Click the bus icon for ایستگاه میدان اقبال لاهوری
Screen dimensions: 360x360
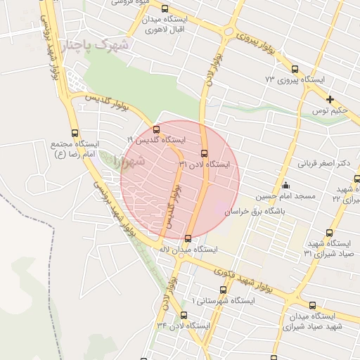[x=165, y=10]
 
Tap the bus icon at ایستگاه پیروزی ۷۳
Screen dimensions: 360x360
[x=294, y=70]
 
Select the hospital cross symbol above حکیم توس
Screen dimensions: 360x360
[x=330, y=99]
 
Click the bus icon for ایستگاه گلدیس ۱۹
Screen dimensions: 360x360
[x=156, y=129]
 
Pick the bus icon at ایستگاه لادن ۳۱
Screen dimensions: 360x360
[x=205, y=153]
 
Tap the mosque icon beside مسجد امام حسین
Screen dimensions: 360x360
[x=285, y=186]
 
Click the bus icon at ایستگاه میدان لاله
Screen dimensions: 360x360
[x=188, y=238]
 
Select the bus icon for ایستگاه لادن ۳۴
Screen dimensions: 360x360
[x=184, y=315]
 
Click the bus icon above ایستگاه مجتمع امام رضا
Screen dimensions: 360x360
[x=75, y=133]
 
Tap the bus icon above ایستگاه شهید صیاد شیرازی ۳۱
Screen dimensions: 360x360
[x=329, y=233]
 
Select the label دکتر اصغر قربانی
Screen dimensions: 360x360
[x=324, y=164]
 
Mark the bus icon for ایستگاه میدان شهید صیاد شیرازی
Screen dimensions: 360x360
[x=292, y=305]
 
